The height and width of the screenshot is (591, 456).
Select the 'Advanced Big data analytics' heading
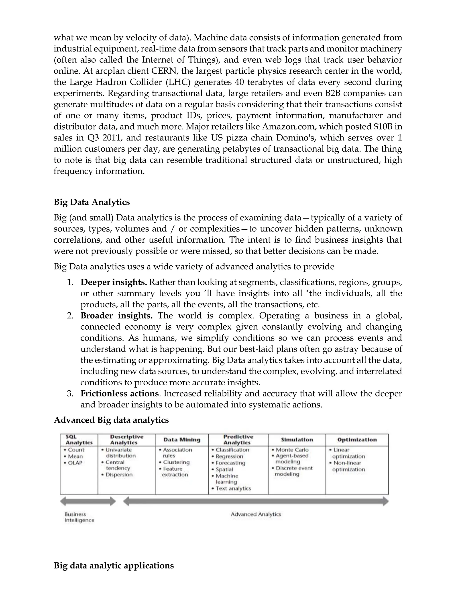click(111, 420)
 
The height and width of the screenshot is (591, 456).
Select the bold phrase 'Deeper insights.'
click(114, 282)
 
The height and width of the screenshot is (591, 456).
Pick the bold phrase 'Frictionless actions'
click(119, 393)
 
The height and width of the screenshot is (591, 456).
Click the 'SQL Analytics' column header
click(79, 440)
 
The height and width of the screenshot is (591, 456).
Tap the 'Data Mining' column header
click(182, 440)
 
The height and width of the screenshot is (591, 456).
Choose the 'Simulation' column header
click(297, 440)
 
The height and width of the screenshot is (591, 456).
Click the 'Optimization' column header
click(357, 440)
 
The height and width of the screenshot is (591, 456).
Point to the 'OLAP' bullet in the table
click(75, 463)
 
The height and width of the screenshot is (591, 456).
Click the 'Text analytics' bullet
click(233, 488)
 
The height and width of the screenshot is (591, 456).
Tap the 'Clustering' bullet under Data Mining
click(176, 462)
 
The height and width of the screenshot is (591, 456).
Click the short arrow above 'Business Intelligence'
click(88, 501)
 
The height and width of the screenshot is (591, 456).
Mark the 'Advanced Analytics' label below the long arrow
click(256, 514)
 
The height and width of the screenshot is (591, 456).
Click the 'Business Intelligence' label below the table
click(79, 517)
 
